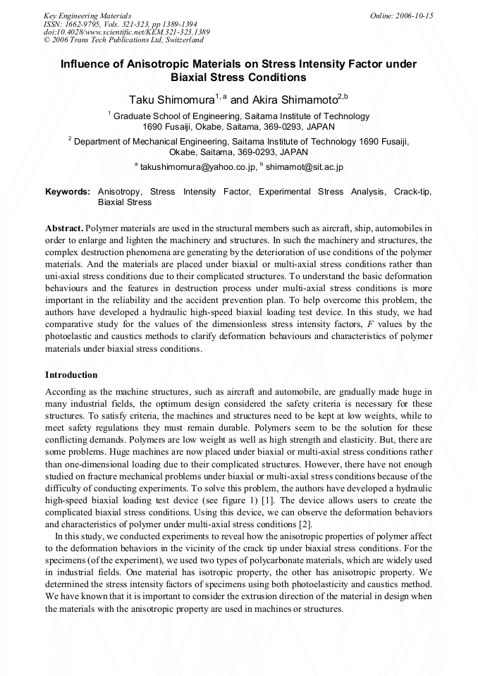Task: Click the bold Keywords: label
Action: [x=68, y=192]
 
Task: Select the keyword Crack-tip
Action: [x=412, y=192]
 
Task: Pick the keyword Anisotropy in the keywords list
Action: [x=120, y=192]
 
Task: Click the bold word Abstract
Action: [x=64, y=229]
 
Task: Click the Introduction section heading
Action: [x=71, y=374]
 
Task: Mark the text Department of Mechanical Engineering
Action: [x=157, y=141]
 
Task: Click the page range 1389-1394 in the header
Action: [x=159, y=24]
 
